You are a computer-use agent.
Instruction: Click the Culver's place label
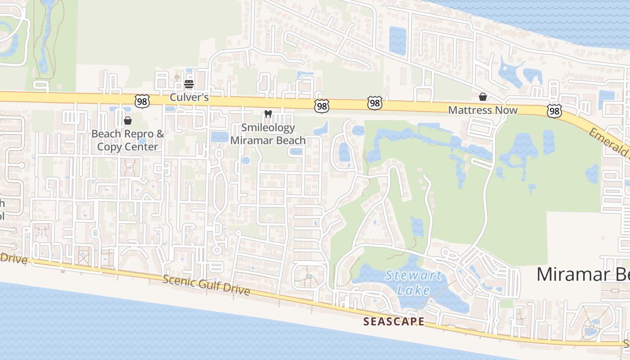pos(189,97)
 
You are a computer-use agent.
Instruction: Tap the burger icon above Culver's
pos(189,84)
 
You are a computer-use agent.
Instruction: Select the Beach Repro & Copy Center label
pos(128,140)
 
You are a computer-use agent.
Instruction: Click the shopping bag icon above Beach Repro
pos(128,121)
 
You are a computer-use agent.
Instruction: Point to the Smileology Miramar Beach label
pos(268,134)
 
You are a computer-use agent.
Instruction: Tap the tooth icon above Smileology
pos(268,114)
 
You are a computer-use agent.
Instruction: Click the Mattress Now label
pos(483,110)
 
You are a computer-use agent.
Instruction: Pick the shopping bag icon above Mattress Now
pos(483,97)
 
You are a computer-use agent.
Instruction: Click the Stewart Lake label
pos(414,283)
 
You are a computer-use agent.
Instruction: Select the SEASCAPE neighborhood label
pos(394,321)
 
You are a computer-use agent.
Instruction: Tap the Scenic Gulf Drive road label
pos(206,285)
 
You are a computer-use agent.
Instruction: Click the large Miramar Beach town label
pos(583,274)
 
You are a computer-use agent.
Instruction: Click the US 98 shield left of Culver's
pos(142,102)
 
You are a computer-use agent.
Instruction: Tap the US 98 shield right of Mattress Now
pos(554,111)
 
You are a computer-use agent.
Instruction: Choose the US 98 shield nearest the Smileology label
pos(322,106)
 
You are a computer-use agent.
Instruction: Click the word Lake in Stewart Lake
pos(414,290)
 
